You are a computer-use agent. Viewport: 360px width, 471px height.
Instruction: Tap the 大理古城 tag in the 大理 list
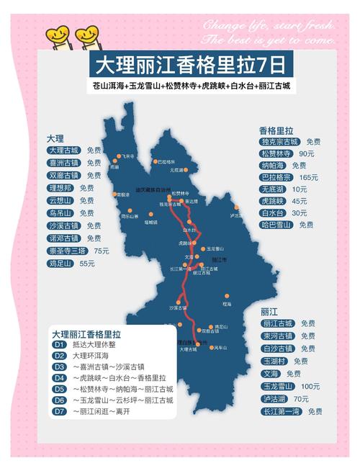(x=63, y=151)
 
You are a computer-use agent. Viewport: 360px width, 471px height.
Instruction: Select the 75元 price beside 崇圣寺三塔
(x=101, y=251)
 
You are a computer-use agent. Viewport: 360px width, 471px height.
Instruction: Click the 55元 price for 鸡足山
(x=87, y=264)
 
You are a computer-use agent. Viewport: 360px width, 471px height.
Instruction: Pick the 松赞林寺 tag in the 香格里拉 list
(x=276, y=153)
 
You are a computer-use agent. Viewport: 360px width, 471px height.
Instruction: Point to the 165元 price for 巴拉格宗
(x=309, y=177)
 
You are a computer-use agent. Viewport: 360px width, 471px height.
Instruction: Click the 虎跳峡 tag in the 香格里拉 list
(x=273, y=201)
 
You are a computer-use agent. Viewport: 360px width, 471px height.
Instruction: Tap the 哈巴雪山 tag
(x=276, y=225)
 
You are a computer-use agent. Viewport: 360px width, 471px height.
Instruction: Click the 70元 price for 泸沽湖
(x=301, y=398)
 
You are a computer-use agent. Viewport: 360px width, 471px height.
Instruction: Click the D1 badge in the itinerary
(x=60, y=345)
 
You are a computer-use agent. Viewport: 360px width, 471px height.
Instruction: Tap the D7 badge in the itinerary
(x=60, y=411)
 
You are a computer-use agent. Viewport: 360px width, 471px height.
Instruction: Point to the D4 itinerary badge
(x=60, y=378)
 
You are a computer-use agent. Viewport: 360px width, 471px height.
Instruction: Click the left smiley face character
(x=57, y=35)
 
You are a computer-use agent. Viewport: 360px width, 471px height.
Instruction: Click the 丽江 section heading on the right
(x=269, y=312)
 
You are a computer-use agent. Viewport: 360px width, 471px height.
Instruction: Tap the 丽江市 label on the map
(x=220, y=259)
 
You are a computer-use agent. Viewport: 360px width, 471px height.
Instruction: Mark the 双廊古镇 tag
(x=63, y=175)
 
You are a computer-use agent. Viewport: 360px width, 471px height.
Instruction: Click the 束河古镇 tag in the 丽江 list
(x=277, y=336)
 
